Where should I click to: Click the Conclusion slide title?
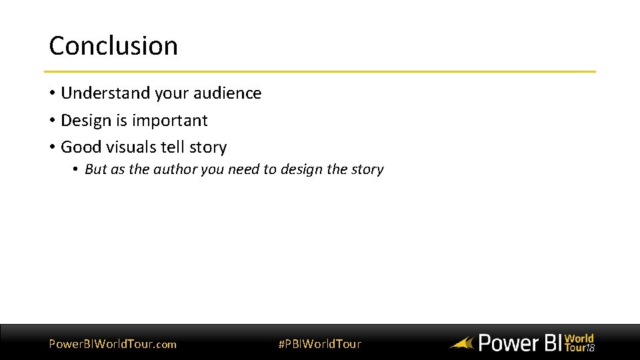coord(113,46)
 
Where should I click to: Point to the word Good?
coord(81,147)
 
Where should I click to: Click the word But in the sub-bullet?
coord(95,169)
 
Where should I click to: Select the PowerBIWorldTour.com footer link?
coord(113,344)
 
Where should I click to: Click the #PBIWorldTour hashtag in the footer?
coord(319,344)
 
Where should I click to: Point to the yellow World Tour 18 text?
coord(579,343)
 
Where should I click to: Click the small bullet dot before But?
coord(77,170)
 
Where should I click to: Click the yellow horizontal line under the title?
coord(320,71)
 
